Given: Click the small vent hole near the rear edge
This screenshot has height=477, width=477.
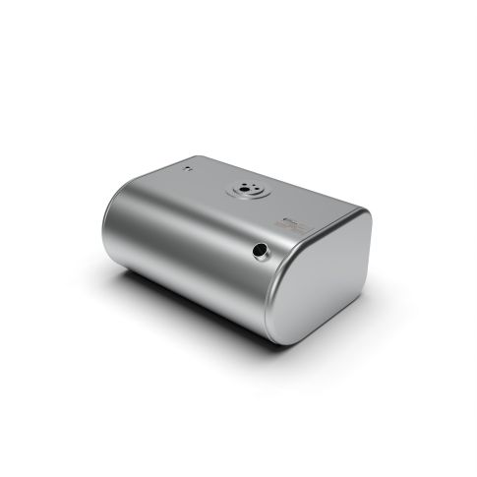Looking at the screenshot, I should (184, 169).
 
